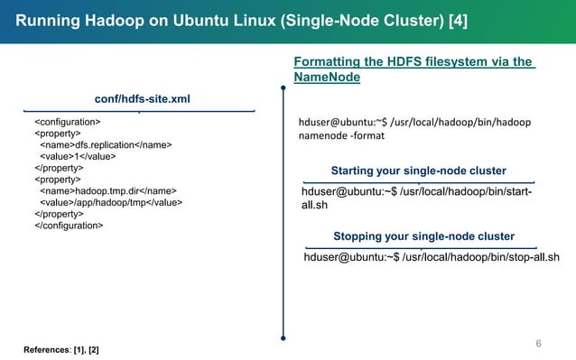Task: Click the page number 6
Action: pyautogui.click(x=538, y=343)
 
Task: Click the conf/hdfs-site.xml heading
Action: pyautogui.click(x=142, y=98)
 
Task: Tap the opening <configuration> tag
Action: pyautogui.click(x=67, y=121)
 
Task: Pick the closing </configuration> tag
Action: pyautogui.click(x=69, y=226)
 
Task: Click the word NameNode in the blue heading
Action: pyautogui.click(x=328, y=78)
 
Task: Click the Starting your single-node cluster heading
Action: pyautogui.click(x=418, y=171)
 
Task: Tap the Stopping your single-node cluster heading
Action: pyautogui.click(x=423, y=236)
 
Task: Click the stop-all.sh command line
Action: pyautogui.click(x=432, y=258)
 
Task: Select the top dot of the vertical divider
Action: pyautogui.click(x=283, y=88)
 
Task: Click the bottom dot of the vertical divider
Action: pyautogui.click(x=283, y=339)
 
